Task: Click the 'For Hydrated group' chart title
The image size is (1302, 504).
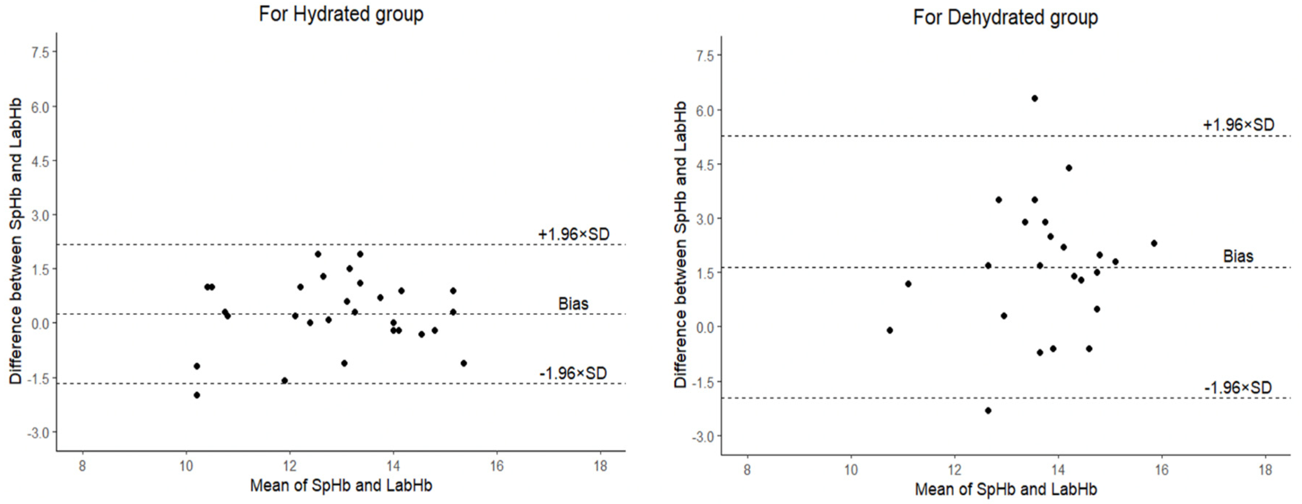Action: tap(341, 14)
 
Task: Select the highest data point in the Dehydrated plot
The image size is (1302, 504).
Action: tap(1035, 99)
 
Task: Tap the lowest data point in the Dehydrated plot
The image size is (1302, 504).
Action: tap(988, 411)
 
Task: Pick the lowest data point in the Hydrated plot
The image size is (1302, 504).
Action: tap(197, 395)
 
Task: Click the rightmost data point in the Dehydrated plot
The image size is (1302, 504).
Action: tap(1154, 243)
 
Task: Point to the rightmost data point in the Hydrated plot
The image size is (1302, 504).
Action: tap(463, 363)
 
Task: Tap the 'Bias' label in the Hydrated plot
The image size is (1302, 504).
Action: tap(573, 304)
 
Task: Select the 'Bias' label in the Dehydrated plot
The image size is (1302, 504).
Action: tap(1238, 256)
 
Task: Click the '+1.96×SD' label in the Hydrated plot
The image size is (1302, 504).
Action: tap(574, 234)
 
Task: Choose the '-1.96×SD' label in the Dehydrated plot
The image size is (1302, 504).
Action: tap(1238, 388)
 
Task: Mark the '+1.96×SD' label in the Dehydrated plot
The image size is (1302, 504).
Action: tap(1238, 125)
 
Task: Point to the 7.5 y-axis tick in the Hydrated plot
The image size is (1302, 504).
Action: tap(40, 52)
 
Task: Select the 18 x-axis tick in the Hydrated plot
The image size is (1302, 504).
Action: tap(600, 465)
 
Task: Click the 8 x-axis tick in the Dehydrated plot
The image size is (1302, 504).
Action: tap(747, 470)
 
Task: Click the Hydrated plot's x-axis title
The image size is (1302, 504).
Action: tap(341, 486)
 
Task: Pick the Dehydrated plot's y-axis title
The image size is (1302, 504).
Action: tap(681, 245)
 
